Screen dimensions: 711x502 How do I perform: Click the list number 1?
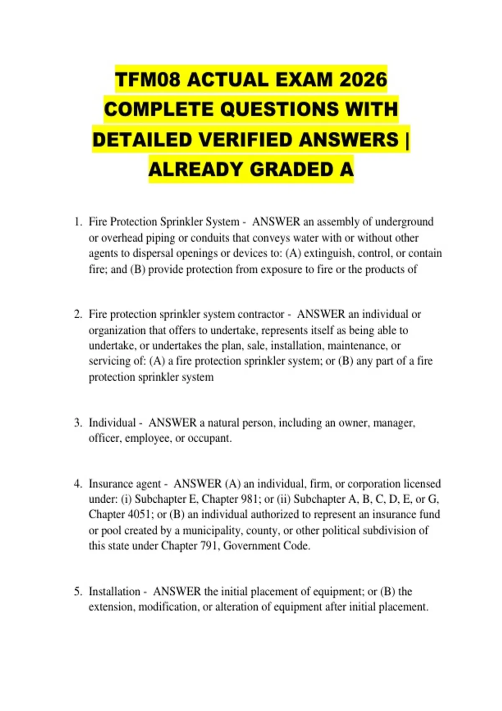point(77,222)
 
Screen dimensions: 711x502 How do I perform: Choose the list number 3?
point(77,422)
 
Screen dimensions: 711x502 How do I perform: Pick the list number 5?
point(77,591)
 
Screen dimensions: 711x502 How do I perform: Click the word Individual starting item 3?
point(112,422)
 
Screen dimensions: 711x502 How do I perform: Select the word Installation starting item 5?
point(114,591)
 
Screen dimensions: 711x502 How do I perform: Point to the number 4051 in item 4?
point(138,514)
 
